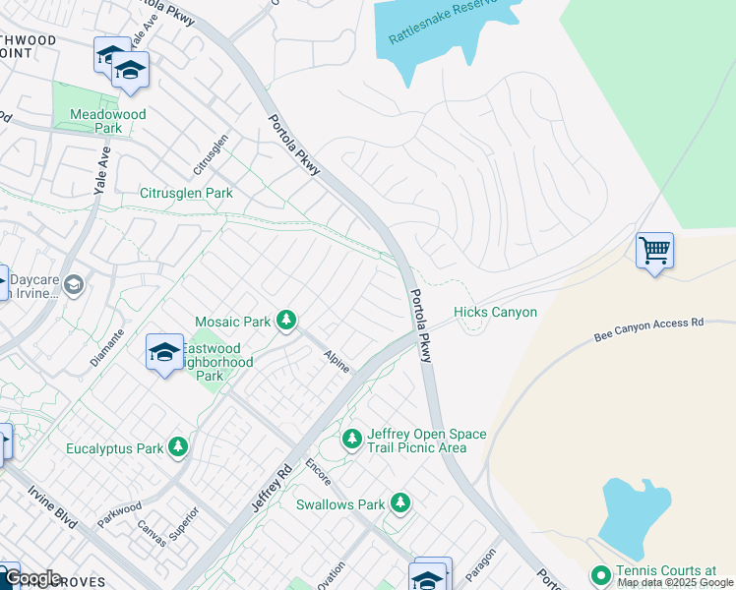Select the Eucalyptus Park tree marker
[x=178, y=448]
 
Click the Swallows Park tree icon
[x=399, y=504]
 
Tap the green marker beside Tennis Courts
[x=600, y=575]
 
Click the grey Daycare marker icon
[x=75, y=285]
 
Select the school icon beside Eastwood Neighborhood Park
[x=164, y=353]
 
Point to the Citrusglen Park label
[x=186, y=194]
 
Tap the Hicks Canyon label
[x=495, y=313]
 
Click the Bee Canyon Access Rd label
[x=649, y=329]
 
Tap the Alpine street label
[x=337, y=362]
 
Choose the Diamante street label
[x=107, y=347]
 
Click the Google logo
[x=31, y=578]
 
